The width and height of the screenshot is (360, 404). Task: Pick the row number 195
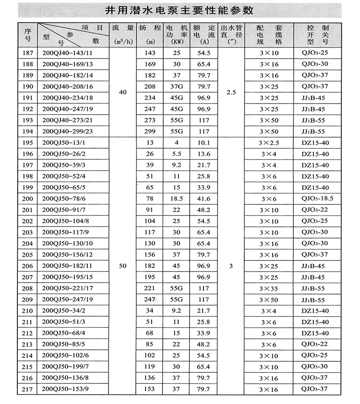(x=27, y=143)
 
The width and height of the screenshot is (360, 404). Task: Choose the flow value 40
(x=122, y=92)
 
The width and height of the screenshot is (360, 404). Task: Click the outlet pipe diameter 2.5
(x=231, y=92)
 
